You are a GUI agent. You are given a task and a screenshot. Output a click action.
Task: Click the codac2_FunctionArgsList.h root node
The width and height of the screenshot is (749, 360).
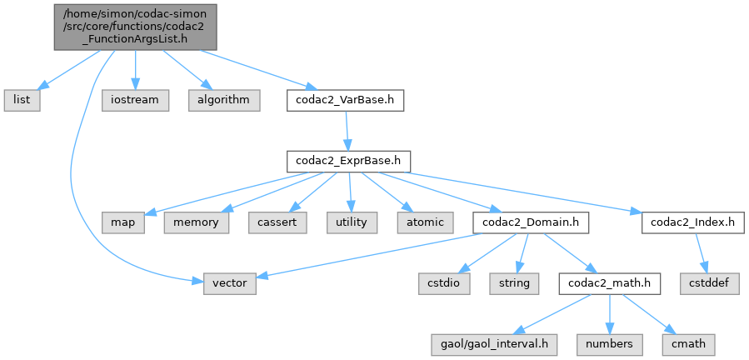click(136, 26)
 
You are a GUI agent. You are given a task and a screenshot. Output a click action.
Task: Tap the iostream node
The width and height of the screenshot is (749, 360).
click(136, 99)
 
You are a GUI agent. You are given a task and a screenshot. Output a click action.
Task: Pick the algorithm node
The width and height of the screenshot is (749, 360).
click(223, 99)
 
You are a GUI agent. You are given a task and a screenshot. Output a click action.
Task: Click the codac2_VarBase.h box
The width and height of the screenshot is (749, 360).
click(345, 99)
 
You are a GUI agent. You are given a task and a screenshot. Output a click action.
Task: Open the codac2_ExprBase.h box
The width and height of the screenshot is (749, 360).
click(346, 161)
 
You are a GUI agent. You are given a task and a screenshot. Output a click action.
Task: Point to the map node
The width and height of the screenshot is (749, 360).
click(123, 222)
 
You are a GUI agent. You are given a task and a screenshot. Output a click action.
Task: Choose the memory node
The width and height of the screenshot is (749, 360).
click(197, 222)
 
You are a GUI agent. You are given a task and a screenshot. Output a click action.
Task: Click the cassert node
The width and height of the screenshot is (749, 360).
click(276, 222)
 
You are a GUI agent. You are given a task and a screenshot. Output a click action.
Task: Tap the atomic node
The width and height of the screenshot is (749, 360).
click(424, 222)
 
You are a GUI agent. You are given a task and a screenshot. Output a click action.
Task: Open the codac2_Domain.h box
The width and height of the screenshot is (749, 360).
click(531, 222)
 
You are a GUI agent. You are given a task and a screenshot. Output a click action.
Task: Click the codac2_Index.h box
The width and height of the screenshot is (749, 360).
click(688, 222)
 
